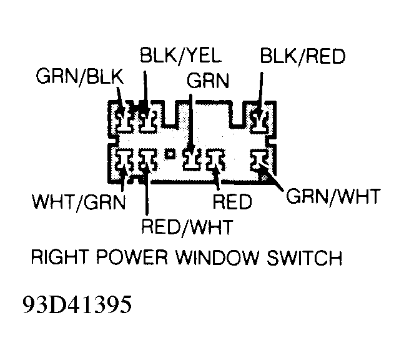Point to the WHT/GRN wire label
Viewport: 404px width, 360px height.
pos(79,202)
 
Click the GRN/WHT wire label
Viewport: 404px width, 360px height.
pos(332,198)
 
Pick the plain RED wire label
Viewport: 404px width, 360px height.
pos(231,202)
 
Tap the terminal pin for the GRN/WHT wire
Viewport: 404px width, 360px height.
pos(259,160)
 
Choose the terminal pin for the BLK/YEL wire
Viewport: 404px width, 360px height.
pos(147,118)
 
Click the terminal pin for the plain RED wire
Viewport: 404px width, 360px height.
pos(216,160)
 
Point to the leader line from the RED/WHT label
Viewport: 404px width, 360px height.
pos(145,194)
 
